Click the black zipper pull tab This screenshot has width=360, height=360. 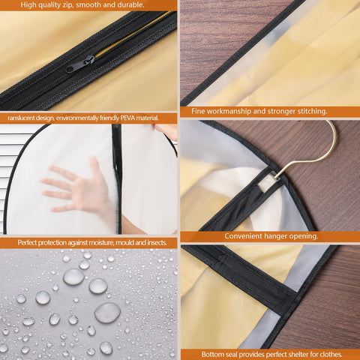(x=80, y=64)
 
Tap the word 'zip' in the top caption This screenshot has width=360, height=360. (x=67, y=4)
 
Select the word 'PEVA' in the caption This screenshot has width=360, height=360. (x=128, y=118)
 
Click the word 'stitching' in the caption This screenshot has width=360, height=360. (x=312, y=111)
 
